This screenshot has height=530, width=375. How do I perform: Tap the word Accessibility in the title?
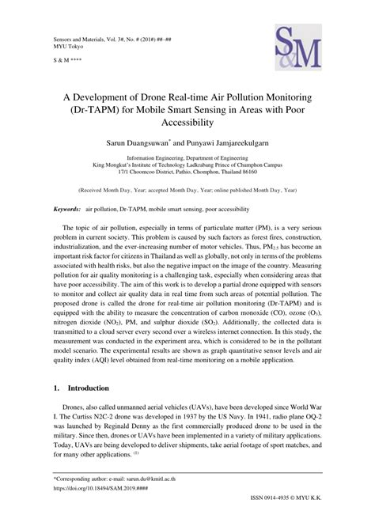(187, 123)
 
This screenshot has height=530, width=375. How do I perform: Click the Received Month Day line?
(187, 191)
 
